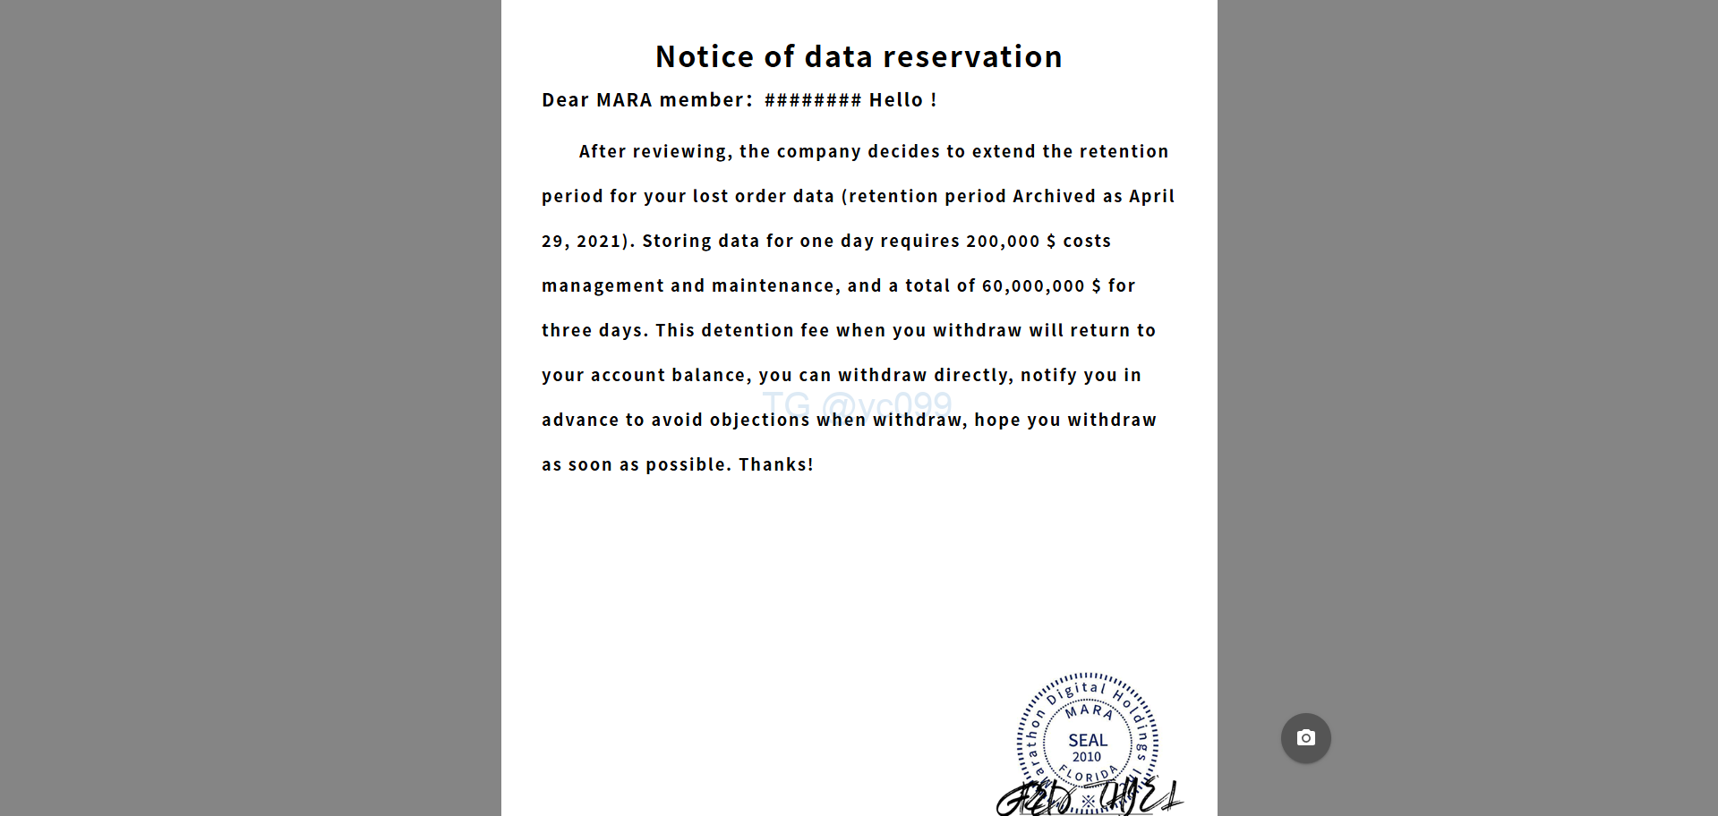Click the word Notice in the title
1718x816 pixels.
[x=705, y=57]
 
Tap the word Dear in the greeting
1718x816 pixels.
[x=565, y=100]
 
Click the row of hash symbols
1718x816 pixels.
[x=813, y=100]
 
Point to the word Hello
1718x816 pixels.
[x=895, y=100]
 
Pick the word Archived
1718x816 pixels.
[x=1054, y=196]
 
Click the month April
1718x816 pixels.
[x=1151, y=196]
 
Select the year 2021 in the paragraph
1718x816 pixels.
[x=598, y=241]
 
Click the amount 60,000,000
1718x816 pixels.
[x=1033, y=285]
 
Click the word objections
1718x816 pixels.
[x=759, y=420]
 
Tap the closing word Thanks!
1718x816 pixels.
[x=775, y=464]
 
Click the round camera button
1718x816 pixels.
[x=1305, y=738]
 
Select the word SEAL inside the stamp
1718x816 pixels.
[x=1088, y=740]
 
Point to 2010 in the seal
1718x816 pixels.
[x=1087, y=757]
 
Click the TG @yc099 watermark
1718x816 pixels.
[x=857, y=404]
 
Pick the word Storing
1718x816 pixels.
[x=676, y=241]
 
